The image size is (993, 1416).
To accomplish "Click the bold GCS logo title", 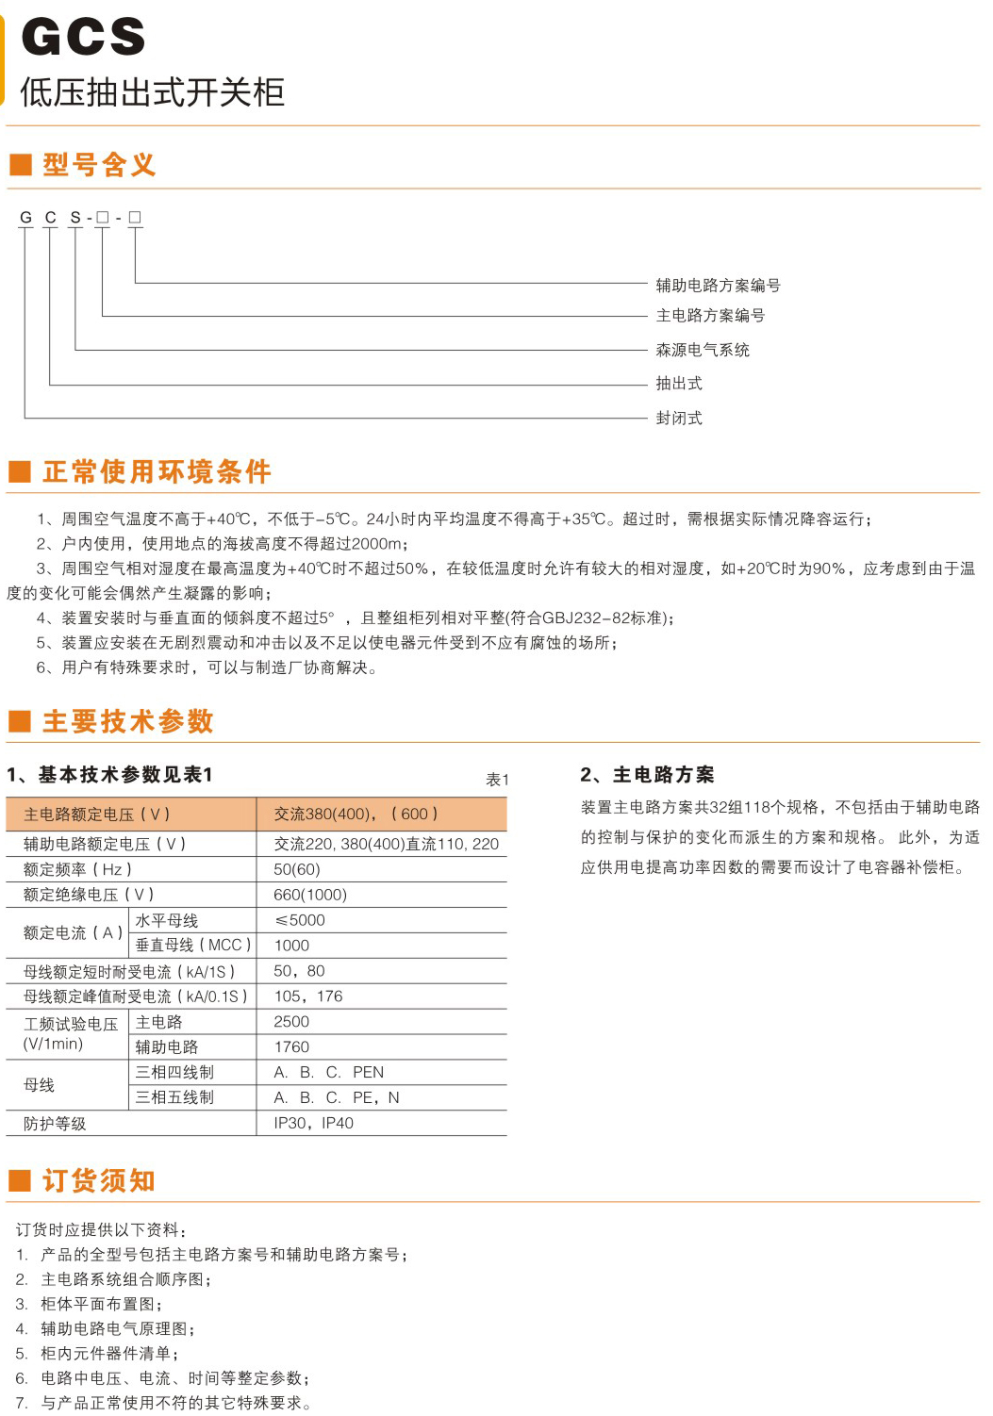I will [83, 37].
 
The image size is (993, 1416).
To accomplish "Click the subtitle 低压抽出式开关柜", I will [152, 92].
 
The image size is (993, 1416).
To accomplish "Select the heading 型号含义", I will [99, 165].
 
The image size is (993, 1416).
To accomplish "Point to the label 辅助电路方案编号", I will [718, 285].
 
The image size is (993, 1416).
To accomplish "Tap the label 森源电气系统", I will [703, 350].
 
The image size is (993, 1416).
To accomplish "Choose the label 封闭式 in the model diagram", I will [679, 418].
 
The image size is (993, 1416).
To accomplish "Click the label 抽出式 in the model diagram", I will [679, 384].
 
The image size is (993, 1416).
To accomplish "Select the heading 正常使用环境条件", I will [157, 471].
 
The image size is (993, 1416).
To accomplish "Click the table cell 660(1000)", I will [310, 895].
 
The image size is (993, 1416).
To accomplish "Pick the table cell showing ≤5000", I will [299, 920].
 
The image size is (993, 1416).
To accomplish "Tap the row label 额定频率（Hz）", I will [77, 869].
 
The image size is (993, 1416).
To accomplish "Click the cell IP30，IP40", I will [313, 1123].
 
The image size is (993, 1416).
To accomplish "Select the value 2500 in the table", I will [291, 1021].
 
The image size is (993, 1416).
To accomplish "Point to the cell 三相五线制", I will [174, 1097].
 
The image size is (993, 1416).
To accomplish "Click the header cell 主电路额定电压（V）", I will [96, 814].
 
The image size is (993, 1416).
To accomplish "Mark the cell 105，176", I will [307, 996].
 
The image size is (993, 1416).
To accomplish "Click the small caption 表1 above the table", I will [497, 780].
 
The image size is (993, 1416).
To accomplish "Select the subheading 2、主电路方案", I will [647, 775].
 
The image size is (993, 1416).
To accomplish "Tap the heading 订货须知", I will [98, 1180].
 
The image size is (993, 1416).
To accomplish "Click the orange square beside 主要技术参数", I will [20, 722].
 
